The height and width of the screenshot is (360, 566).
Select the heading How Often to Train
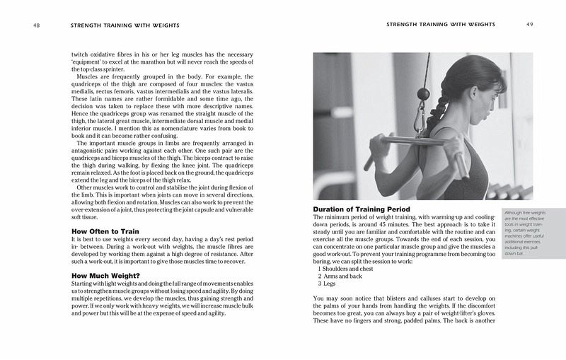(x=105, y=231)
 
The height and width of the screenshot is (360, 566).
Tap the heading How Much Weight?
(x=106, y=275)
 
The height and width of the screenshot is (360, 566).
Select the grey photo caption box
(x=529, y=233)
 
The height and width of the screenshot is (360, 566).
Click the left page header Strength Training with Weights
(x=124, y=25)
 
